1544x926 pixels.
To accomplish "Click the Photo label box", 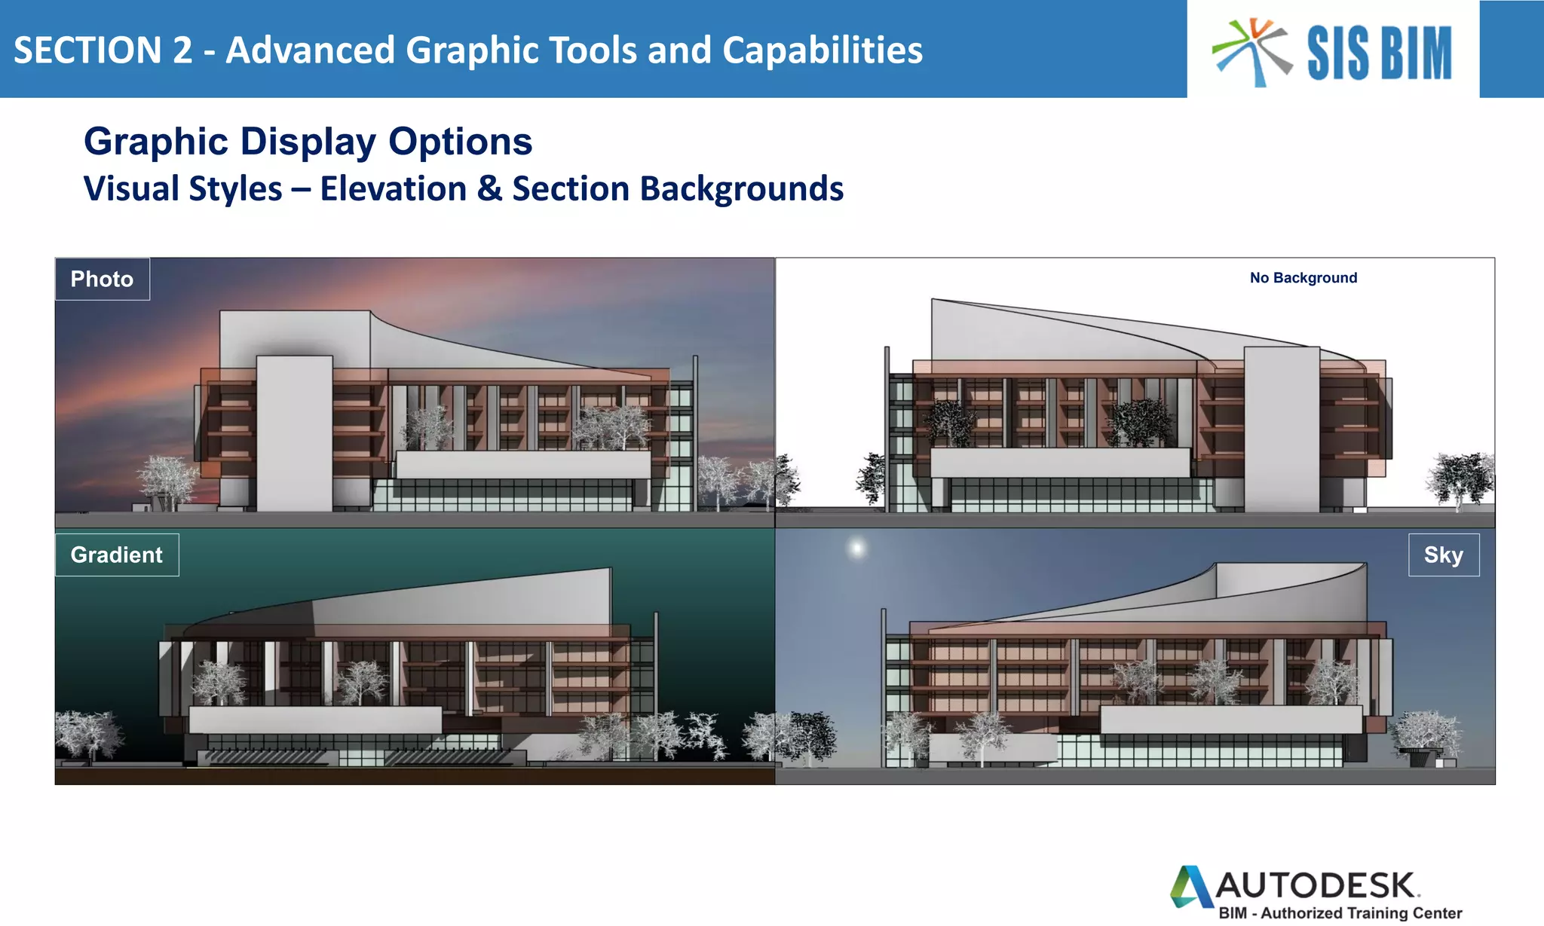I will pos(102,280).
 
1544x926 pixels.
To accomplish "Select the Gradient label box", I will pos(116,555).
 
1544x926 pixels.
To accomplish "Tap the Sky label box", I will pos(1443,555).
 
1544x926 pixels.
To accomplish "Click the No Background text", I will pos(1303,278).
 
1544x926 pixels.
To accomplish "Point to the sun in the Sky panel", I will pos(856,548).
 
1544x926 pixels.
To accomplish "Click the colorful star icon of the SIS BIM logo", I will pos(1252,51).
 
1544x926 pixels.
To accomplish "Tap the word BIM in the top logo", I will pos(1414,53).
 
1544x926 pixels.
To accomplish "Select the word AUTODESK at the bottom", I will pos(1316,885).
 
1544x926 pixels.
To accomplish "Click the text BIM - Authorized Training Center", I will pos(1340,913).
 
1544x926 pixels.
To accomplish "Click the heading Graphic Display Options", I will pos(308,142).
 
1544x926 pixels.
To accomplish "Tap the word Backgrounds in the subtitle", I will pos(741,189).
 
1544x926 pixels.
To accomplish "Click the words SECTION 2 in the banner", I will pos(103,50).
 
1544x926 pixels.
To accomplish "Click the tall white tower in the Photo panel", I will pos(294,433).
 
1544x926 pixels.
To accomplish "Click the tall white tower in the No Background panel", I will pos(1281,429).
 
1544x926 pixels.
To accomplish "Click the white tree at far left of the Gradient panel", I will pos(88,732).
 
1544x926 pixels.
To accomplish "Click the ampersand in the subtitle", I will pos(489,189).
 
